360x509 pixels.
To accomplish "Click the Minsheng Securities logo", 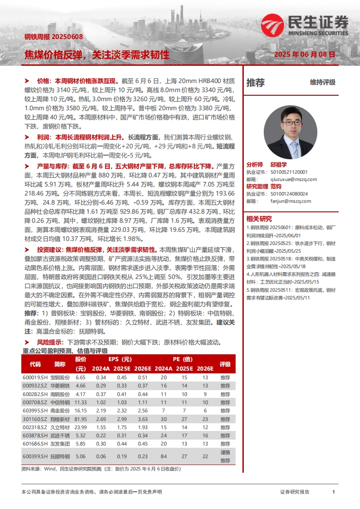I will [304, 25].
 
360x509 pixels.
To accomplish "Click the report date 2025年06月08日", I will [305, 54].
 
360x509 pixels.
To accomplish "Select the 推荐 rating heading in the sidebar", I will [256, 83].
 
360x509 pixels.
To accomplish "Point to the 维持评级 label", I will [323, 83].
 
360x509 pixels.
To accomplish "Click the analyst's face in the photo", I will [291, 122].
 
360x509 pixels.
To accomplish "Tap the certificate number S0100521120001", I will [289, 172].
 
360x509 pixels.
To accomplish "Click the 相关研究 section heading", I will [259, 219].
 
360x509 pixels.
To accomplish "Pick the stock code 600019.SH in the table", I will [35, 377].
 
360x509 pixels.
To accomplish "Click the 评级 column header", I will [225, 364].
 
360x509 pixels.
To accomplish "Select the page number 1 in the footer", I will [333, 492].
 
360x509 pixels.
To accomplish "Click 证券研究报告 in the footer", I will [295, 492].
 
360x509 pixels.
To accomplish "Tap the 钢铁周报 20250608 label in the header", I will [54, 37].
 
